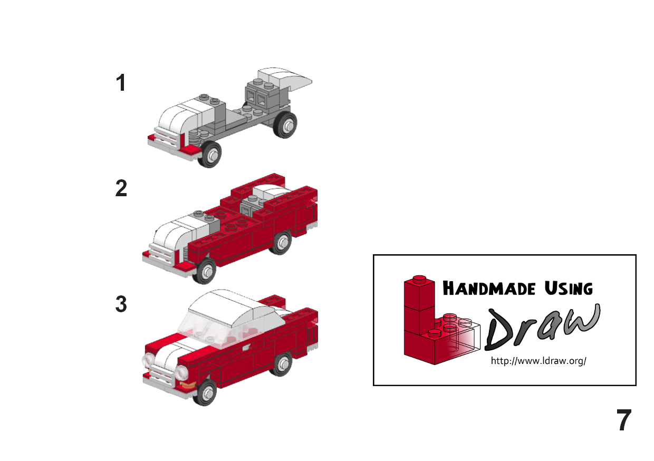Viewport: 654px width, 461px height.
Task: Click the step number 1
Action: point(121,83)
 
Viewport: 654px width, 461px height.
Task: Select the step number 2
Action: point(121,188)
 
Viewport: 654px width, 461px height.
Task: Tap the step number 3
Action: point(121,304)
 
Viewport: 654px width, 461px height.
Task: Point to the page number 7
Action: point(624,420)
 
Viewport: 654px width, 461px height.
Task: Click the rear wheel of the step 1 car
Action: point(285,124)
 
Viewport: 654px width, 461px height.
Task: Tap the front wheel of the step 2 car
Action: point(205,271)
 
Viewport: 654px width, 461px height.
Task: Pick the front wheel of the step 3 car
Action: point(206,392)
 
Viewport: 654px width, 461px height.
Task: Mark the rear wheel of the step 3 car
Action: point(281,364)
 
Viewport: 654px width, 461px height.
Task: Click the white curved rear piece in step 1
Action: point(285,78)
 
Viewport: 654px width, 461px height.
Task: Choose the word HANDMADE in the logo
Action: point(489,289)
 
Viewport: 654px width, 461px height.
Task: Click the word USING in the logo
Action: point(569,289)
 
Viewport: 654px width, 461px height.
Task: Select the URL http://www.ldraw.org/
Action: point(538,361)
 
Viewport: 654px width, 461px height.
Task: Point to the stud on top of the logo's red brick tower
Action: point(419,279)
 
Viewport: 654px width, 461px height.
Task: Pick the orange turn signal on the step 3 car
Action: point(187,386)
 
